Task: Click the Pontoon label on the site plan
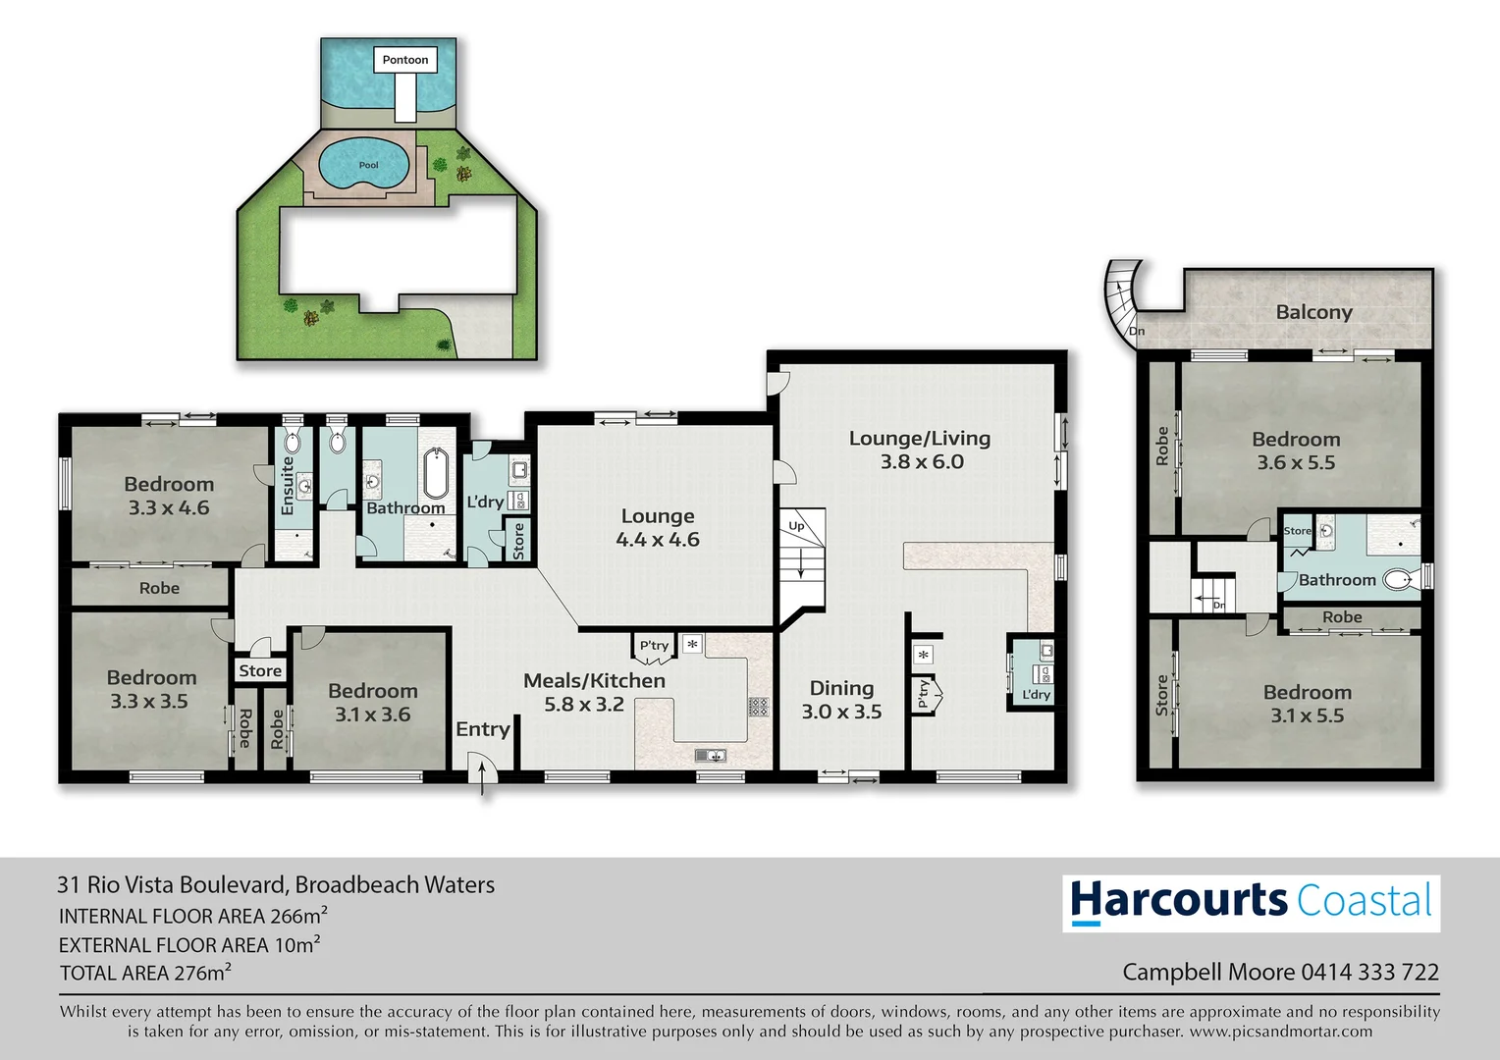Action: point(405,60)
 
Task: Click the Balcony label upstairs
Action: point(1313,312)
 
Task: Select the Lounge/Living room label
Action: point(919,439)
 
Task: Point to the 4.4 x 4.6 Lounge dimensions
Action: point(657,540)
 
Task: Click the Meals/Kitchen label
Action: point(594,680)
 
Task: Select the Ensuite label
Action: point(288,486)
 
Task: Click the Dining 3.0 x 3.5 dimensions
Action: point(841,712)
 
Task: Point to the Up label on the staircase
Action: point(796,526)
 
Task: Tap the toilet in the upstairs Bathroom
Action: point(1397,580)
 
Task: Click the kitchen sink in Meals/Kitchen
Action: point(710,755)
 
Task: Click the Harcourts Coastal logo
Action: point(1251,902)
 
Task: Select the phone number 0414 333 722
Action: point(1369,972)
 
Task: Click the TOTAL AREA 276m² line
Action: point(145,973)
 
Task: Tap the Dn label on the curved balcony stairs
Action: point(1137,331)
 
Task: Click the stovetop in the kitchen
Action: point(758,706)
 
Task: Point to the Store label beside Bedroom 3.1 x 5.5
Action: point(1162,694)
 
